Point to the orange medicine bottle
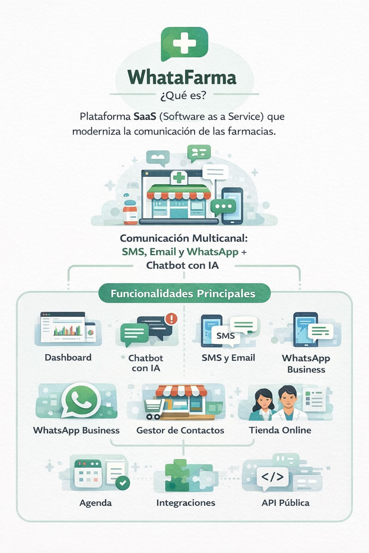(130, 211)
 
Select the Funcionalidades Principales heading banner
(184, 293)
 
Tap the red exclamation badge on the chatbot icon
(172, 318)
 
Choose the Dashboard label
(68, 357)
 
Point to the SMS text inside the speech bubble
(225, 335)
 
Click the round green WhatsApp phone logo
(83, 402)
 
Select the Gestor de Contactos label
(180, 430)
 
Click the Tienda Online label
(280, 430)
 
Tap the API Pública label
(286, 502)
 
